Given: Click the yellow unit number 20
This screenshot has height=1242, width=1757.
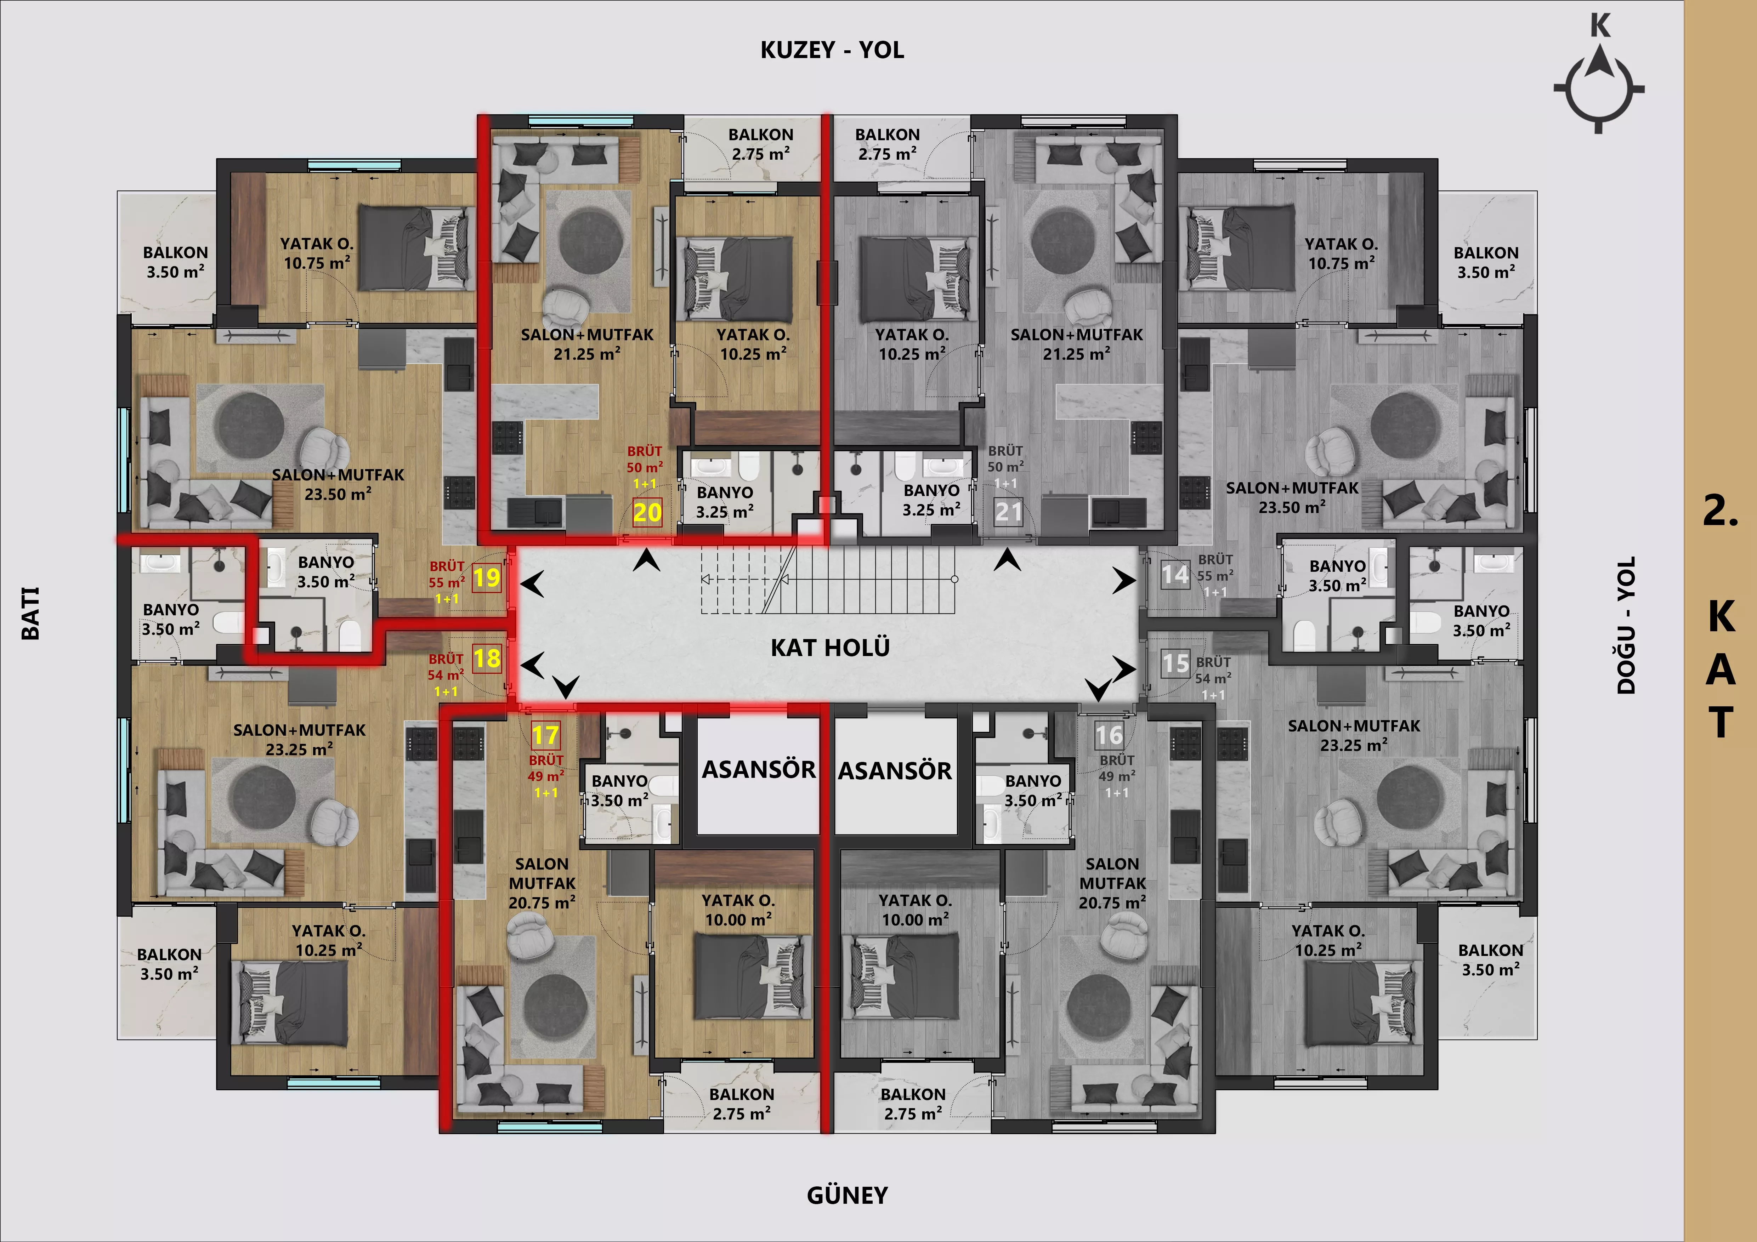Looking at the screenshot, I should point(647,512).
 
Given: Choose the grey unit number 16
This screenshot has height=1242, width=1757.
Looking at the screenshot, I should point(1109,735).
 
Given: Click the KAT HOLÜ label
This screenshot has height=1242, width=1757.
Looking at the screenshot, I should point(830,648).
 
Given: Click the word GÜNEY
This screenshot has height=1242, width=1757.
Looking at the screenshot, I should point(847,1195).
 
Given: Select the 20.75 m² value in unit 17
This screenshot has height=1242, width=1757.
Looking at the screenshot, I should point(542,902).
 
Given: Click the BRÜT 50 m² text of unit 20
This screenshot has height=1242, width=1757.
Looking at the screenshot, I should point(644,459).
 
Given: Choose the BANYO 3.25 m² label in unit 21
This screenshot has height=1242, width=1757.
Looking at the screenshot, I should point(931,500).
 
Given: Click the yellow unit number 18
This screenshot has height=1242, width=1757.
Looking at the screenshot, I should point(487,658).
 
